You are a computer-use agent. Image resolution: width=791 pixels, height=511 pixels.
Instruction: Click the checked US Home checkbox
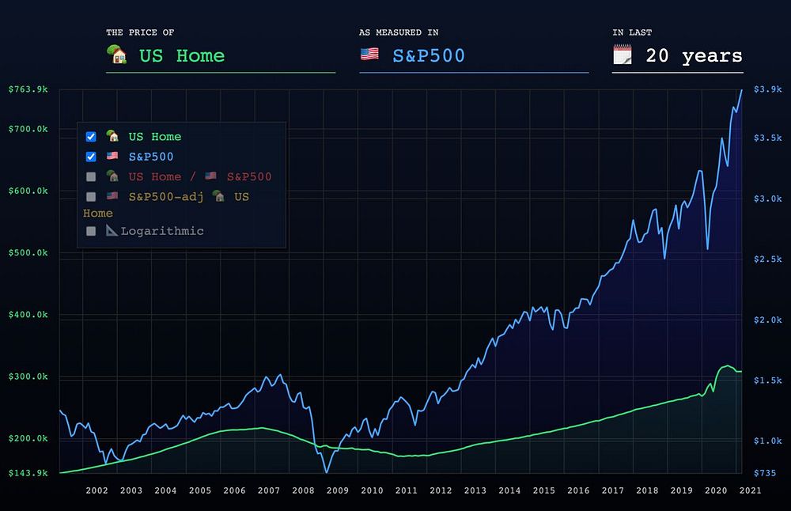click(x=91, y=137)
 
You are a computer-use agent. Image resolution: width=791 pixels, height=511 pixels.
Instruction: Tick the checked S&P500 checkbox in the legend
click(x=91, y=157)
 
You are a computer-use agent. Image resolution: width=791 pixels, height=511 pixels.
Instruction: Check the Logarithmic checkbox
click(x=91, y=231)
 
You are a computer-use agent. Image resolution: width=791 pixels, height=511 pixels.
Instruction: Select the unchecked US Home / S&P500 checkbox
click(x=91, y=176)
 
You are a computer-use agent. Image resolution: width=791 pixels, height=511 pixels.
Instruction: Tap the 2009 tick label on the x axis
click(x=337, y=490)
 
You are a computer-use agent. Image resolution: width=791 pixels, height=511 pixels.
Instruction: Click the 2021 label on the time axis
click(x=751, y=490)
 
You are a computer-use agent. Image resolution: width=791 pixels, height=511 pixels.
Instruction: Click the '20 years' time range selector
click(x=692, y=56)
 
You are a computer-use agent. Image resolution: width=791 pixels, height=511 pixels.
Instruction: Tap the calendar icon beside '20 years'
click(x=623, y=55)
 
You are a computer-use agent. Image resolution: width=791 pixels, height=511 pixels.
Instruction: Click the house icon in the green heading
click(x=117, y=55)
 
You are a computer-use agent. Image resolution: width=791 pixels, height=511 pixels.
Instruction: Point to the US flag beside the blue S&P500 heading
click(x=369, y=55)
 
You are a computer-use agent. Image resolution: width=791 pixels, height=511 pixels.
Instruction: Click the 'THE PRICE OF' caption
click(x=140, y=32)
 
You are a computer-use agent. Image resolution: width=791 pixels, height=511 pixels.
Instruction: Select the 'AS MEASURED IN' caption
click(x=399, y=32)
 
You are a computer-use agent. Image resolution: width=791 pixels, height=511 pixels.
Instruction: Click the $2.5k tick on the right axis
click(x=766, y=259)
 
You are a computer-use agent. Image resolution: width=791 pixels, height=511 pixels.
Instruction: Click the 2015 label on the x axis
click(x=543, y=490)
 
